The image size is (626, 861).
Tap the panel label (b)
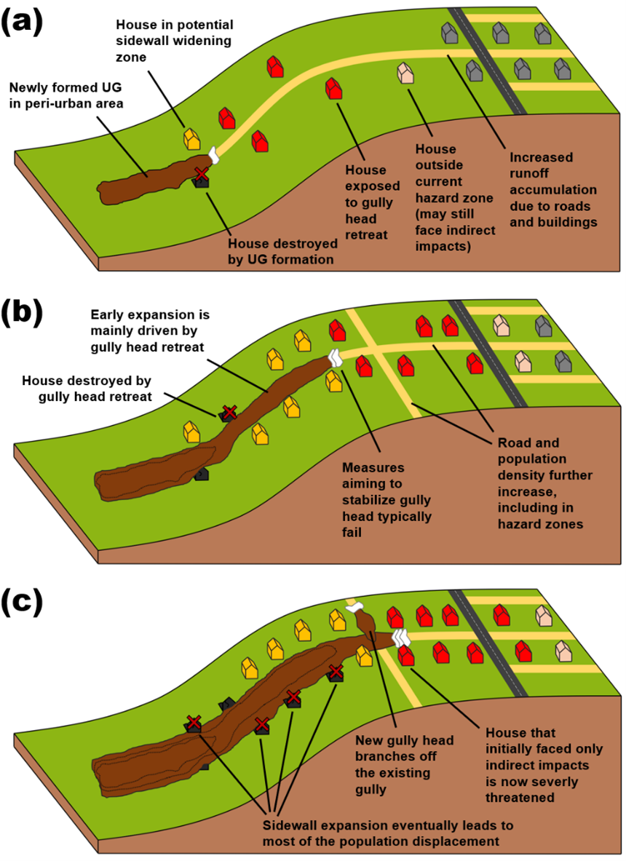pyautogui.click(x=23, y=314)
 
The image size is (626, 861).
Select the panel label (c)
pyautogui.click(x=23, y=603)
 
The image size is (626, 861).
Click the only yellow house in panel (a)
pyautogui.click(x=191, y=138)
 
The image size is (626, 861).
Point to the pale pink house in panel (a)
pyautogui.click(x=405, y=73)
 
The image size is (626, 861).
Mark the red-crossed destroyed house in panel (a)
pyautogui.click(x=202, y=176)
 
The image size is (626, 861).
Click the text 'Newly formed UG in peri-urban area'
pyautogui.click(x=66, y=95)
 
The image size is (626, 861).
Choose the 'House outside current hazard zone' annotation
pyautogui.click(x=453, y=197)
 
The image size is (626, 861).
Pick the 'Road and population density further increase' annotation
pyautogui.click(x=544, y=483)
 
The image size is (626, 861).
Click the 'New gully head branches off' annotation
pyautogui.click(x=404, y=764)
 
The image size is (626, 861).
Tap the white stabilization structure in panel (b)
pyautogui.click(x=334, y=358)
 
